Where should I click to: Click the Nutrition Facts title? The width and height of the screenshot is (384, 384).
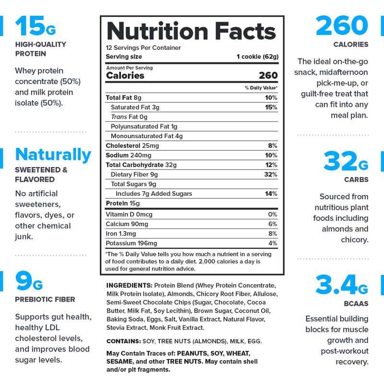coord(191,32)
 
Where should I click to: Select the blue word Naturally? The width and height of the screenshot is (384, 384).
coord(53,155)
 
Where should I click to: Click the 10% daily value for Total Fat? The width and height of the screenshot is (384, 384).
coord(271,98)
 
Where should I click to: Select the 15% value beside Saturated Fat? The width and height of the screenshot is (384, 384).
coord(271,107)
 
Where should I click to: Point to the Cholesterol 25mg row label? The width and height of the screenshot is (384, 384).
coord(132,145)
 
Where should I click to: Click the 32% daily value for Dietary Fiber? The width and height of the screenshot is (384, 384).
coord(270,174)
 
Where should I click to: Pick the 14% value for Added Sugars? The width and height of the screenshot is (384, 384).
coord(271,193)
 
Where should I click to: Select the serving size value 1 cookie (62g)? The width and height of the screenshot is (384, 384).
coord(257,57)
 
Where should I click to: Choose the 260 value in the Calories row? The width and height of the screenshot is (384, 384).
coord(268,75)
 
